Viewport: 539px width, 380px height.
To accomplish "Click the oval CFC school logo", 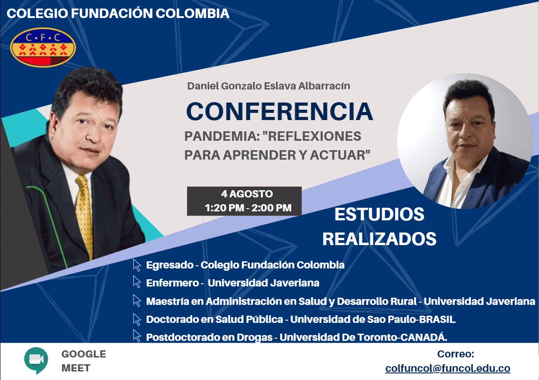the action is (x=43, y=47).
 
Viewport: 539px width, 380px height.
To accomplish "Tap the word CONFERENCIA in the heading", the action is (x=280, y=111).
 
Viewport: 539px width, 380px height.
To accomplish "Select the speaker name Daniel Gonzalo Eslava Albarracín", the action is (x=268, y=86).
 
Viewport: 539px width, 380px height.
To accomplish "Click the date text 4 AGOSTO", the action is (x=247, y=194).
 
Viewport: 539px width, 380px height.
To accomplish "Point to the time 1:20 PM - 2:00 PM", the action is (x=248, y=208).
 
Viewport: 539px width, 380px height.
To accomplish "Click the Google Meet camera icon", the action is (x=36, y=360).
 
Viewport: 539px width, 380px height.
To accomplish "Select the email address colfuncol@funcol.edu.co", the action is (x=448, y=368).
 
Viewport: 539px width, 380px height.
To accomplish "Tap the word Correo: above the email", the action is (x=455, y=354).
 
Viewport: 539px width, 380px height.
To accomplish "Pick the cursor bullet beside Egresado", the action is (x=137, y=265).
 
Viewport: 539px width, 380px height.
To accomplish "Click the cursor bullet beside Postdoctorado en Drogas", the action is (x=137, y=336).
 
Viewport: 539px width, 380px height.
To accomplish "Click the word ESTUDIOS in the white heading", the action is (x=380, y=214).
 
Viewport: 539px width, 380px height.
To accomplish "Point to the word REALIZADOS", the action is (x=380, y=239).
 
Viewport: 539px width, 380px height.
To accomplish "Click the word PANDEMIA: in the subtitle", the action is (x=222, y=136).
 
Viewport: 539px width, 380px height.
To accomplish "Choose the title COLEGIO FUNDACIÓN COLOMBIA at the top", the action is (x=118, y=13).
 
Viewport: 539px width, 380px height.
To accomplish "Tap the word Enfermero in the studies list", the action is (x=172, y=283).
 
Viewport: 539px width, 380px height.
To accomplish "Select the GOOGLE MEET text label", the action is (x=84, y=361).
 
